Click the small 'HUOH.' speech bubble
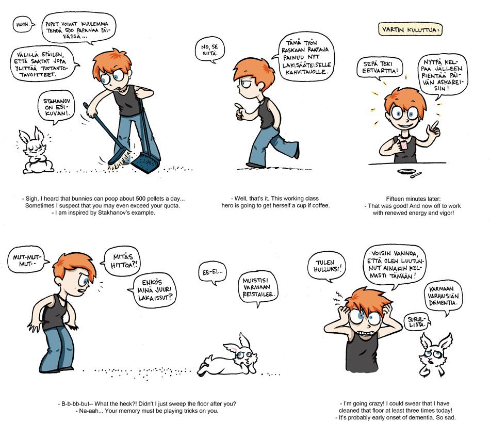click(23, 24)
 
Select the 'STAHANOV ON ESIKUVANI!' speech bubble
click(56, 107)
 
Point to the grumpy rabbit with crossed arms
click(35, 152)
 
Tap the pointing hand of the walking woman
click(240, 111)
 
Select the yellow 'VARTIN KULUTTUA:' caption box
click(410, 30)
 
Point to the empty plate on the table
click(406, 171)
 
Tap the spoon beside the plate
click(416, 175)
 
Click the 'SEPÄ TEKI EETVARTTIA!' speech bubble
click(380, 68)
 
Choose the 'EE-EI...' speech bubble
click(213, 272)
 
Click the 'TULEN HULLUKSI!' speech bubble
click(326, 266)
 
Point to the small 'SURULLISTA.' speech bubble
click(418, 322)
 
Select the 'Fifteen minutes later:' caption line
click(413, 199)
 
